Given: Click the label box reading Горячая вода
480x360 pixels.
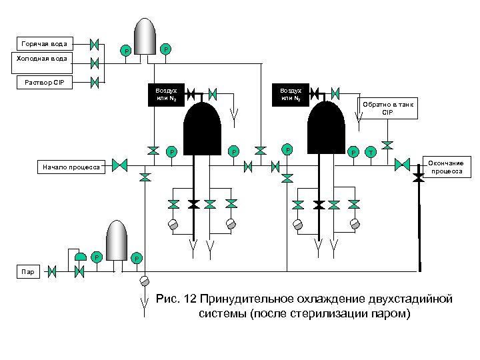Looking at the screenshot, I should click(44, 44).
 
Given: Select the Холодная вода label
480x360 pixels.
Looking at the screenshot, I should click(44, 59).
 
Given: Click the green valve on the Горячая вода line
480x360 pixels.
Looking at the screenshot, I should click(94, 45).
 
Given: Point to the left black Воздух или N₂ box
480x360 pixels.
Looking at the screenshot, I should click(166, 95).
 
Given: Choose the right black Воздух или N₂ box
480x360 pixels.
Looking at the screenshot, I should click(291, 95).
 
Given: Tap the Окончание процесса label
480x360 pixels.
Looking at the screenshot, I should click(446, 167).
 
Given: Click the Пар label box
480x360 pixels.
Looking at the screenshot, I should click(29, 271).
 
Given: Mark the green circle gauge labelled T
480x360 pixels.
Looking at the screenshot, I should click(371, 153).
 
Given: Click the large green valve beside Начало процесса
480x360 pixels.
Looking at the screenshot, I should click(120, 165).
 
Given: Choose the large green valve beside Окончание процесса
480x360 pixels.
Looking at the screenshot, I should click(403, 165).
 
